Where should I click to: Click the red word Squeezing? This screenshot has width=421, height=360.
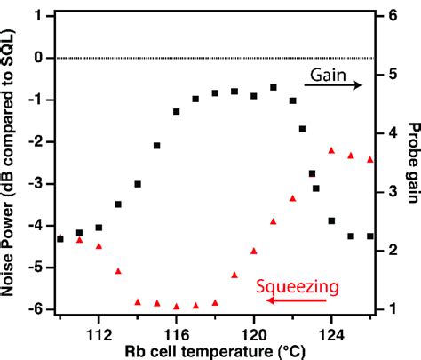289,286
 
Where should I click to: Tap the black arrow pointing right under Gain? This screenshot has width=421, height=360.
333,84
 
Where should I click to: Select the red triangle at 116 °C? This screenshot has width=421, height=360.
177,306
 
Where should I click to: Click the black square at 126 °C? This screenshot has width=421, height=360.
370,236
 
